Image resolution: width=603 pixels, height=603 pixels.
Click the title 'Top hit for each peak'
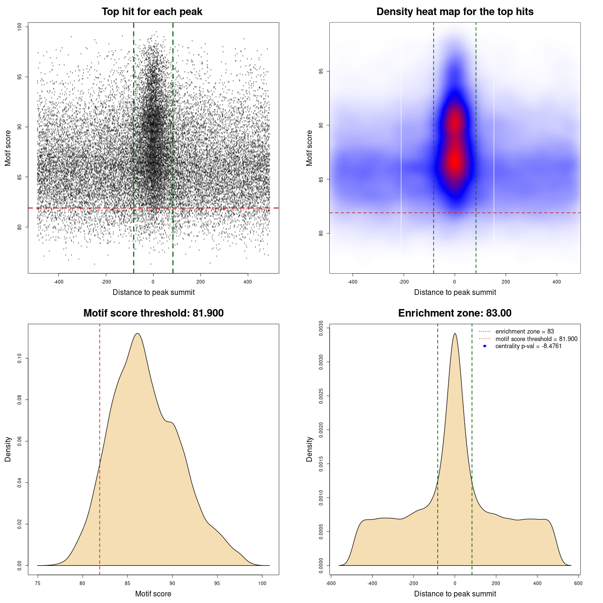click(152, 12)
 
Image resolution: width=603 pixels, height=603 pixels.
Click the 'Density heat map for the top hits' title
click(455, 12)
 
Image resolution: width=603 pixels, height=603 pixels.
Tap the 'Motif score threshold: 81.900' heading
click(153, 313)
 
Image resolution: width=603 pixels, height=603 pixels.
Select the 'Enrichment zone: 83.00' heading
click(455, 313)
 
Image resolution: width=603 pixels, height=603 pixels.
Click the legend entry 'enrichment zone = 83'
click(524, 332)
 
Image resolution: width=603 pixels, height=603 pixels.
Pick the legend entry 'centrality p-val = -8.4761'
click(528, 346)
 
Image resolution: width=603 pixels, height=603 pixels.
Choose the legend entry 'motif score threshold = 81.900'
click(536, 339)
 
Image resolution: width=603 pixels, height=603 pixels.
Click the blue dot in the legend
click(485, 346)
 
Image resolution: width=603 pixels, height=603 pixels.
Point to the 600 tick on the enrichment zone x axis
click(579, 583)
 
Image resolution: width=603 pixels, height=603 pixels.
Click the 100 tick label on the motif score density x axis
click(262, 583)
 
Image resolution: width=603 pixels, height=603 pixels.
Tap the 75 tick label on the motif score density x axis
click(38, 583)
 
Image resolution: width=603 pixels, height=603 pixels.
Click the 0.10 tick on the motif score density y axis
click(20, 359)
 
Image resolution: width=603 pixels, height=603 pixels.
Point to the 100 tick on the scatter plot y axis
click(20, 27)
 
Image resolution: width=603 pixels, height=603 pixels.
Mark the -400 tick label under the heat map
click(352, 282)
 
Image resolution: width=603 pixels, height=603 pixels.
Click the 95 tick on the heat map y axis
click(321, 71)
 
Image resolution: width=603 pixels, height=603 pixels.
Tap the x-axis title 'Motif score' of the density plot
click(153, 594)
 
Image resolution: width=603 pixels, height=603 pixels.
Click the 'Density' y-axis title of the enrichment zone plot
click(310, 449)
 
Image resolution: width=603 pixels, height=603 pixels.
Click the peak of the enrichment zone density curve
click(455, 334)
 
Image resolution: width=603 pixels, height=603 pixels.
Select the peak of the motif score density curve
click(138, 334)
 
